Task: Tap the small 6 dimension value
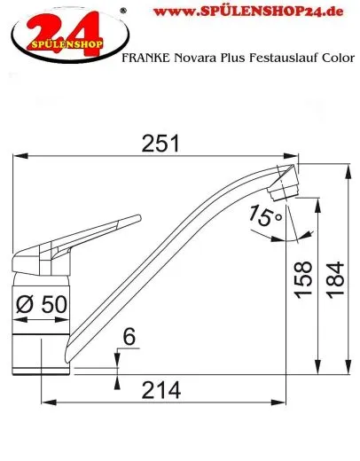[x=129, y=337]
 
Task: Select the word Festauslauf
[x=270, y=58]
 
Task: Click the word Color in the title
[x=328, y=58]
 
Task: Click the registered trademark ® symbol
[x=121, y=5]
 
